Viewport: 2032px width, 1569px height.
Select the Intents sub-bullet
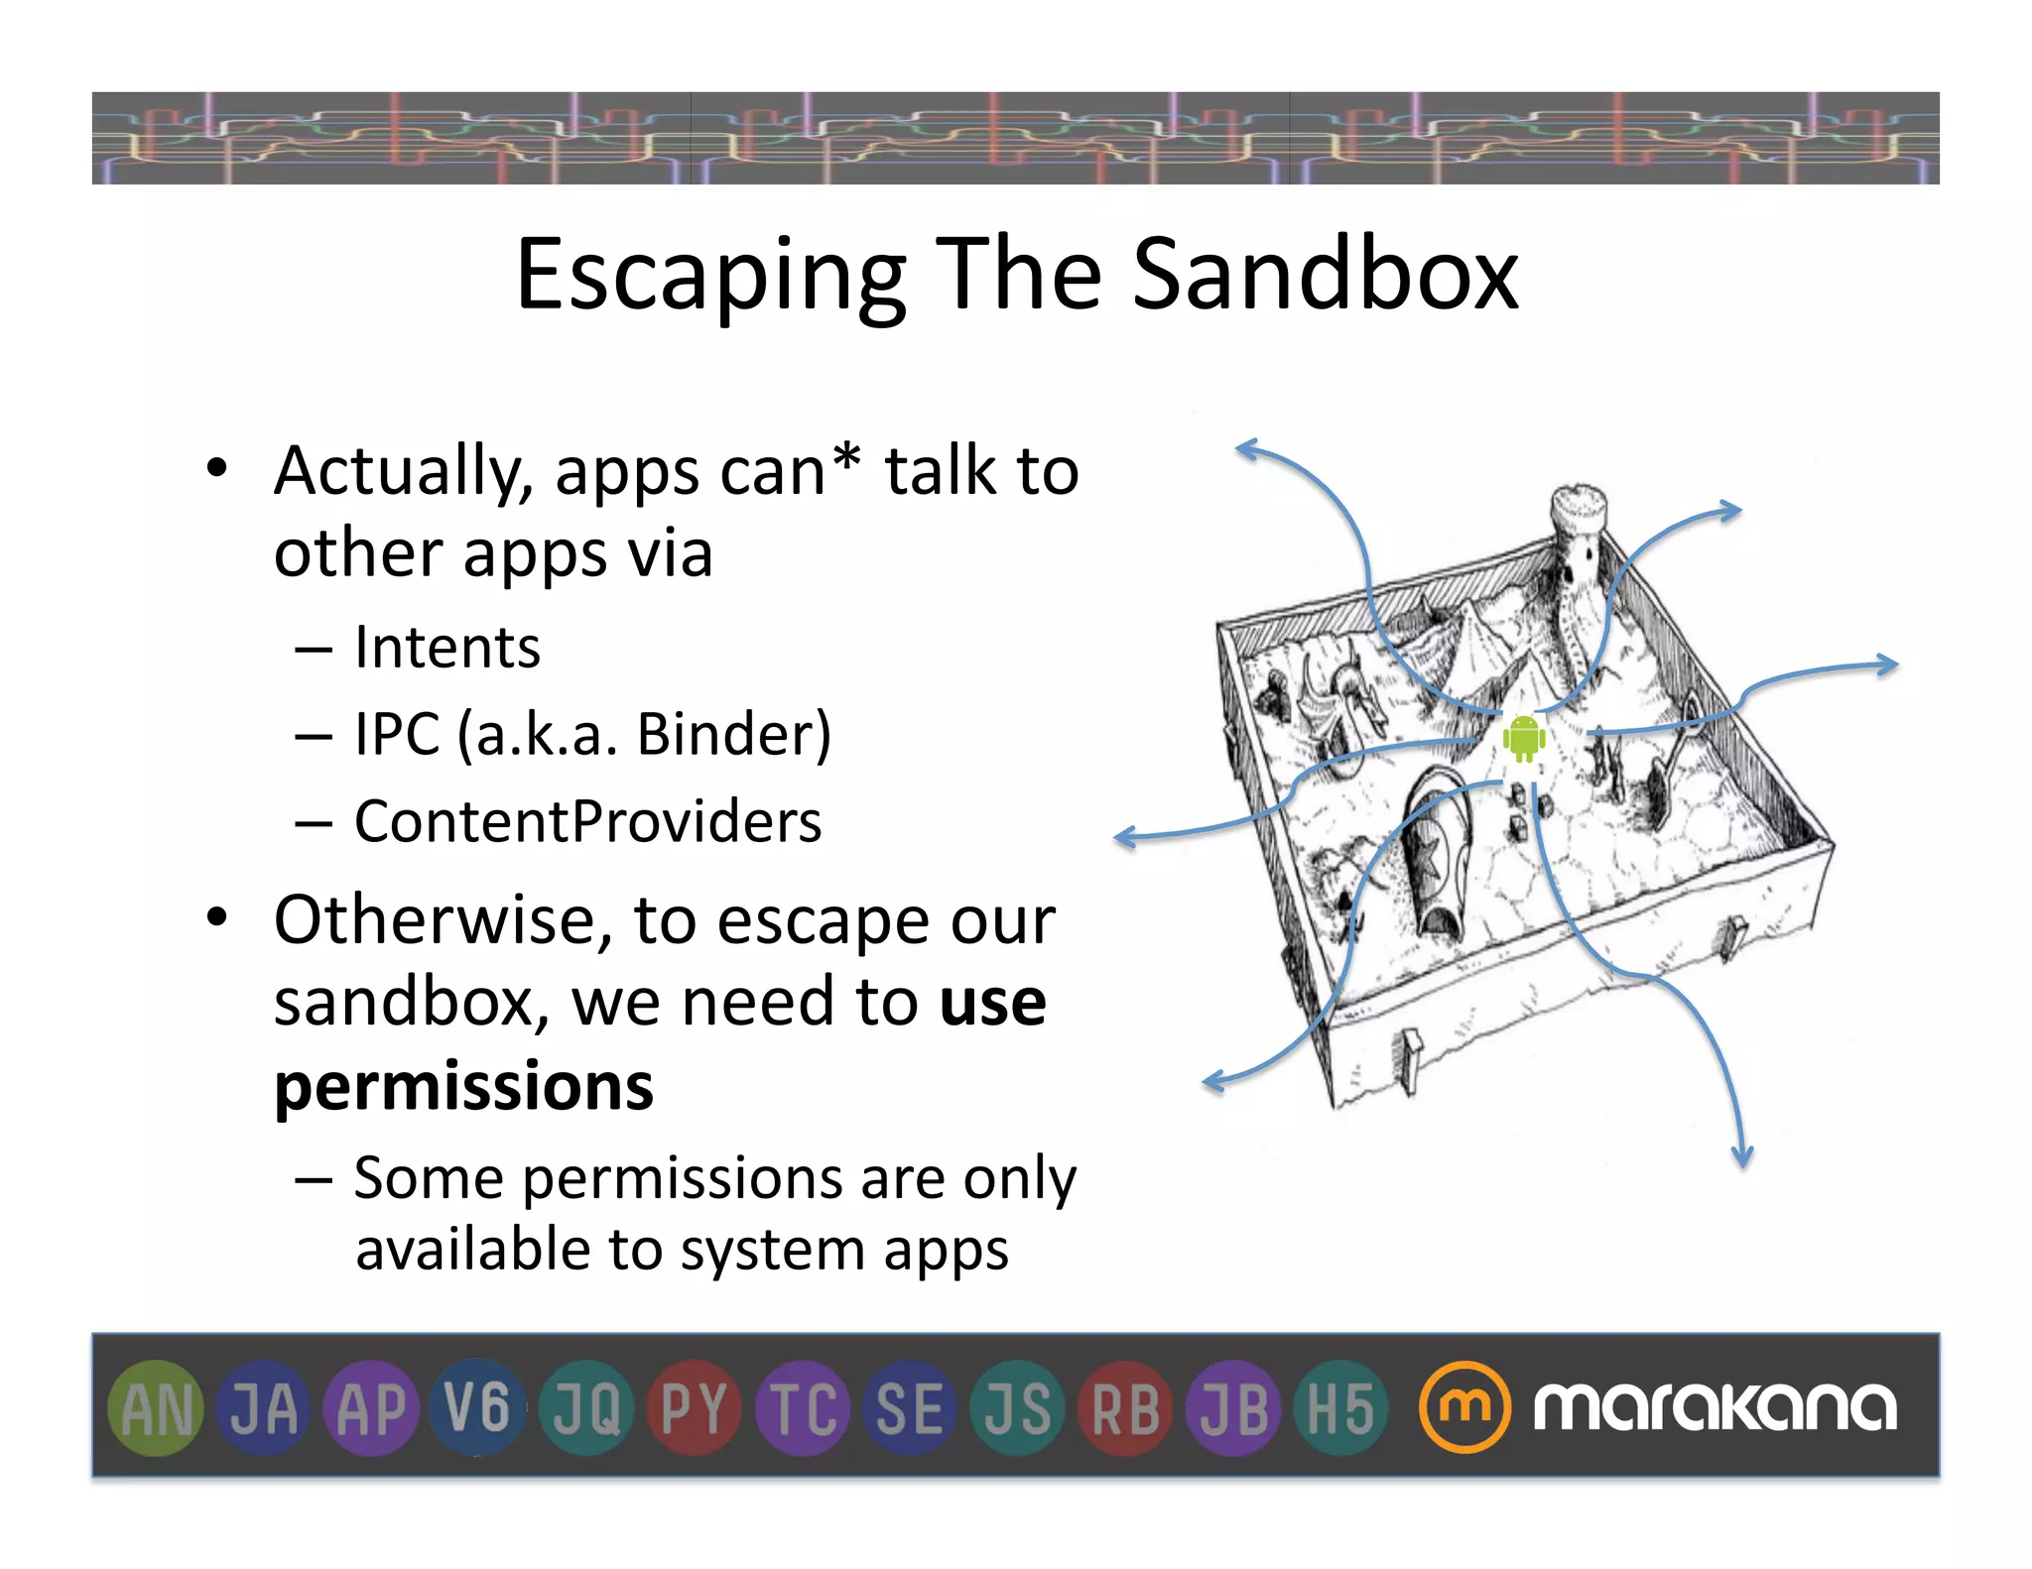[x=446, y=648]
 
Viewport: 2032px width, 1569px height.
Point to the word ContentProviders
[x=588, y=821]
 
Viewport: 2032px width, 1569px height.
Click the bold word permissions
[x=464, y=1087]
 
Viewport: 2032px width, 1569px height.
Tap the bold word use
[x=992, y=1002]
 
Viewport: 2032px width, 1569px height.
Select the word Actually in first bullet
[x=403, y=472]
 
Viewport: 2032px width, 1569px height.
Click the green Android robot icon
[x=1523, y=738]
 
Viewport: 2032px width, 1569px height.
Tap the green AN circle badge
[x=156, y=1408]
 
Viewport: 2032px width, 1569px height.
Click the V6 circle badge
[x=477, y=1408]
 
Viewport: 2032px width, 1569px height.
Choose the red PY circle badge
[x=694, y=1408]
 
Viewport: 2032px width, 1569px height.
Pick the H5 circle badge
[x=1340, y=1408]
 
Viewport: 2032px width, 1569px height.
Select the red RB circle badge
[x=1125, y=1408]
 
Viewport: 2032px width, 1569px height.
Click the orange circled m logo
[x=1464, y=1407]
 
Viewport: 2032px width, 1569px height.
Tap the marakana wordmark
[x=1714, y=1407]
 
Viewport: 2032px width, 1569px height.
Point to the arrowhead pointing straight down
[x=1742, y=1158]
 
